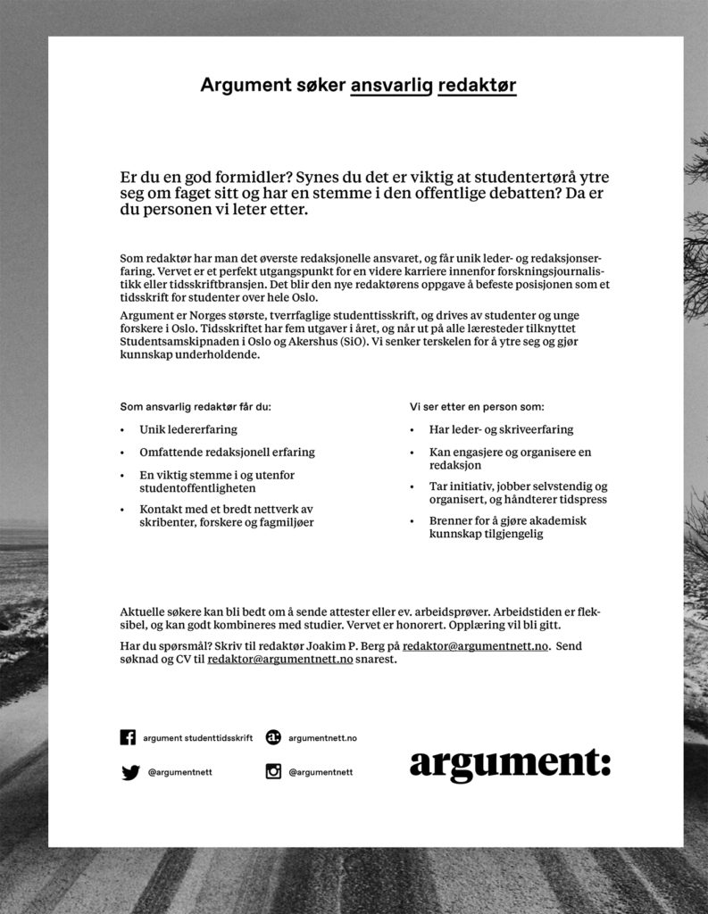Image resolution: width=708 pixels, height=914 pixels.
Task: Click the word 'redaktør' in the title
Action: point(478,86)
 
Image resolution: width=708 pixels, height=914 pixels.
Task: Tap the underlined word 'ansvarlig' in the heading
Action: point(392,86)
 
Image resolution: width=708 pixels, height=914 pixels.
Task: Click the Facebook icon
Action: point(129,737)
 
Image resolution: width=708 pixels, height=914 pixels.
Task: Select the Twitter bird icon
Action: point(130,772)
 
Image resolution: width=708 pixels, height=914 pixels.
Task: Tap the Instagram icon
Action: point(273,772)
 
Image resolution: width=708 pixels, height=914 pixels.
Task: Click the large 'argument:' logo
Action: point(510,764)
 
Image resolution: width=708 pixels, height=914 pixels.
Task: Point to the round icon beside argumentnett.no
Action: point(273,737)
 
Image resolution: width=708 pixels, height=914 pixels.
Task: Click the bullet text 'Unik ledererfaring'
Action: point(188,429)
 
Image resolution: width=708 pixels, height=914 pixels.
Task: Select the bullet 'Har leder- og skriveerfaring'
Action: point(501,429)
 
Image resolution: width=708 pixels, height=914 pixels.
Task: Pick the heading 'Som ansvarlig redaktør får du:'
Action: point(195,406)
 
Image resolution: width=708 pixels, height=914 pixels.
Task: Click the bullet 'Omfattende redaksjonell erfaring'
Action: point(227,453)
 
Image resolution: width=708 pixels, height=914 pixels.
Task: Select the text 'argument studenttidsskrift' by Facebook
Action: point(197,738)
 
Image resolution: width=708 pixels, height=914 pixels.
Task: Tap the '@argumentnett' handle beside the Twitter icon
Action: point(179,772)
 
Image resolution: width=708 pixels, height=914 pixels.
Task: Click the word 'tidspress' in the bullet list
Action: point(581,500)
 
